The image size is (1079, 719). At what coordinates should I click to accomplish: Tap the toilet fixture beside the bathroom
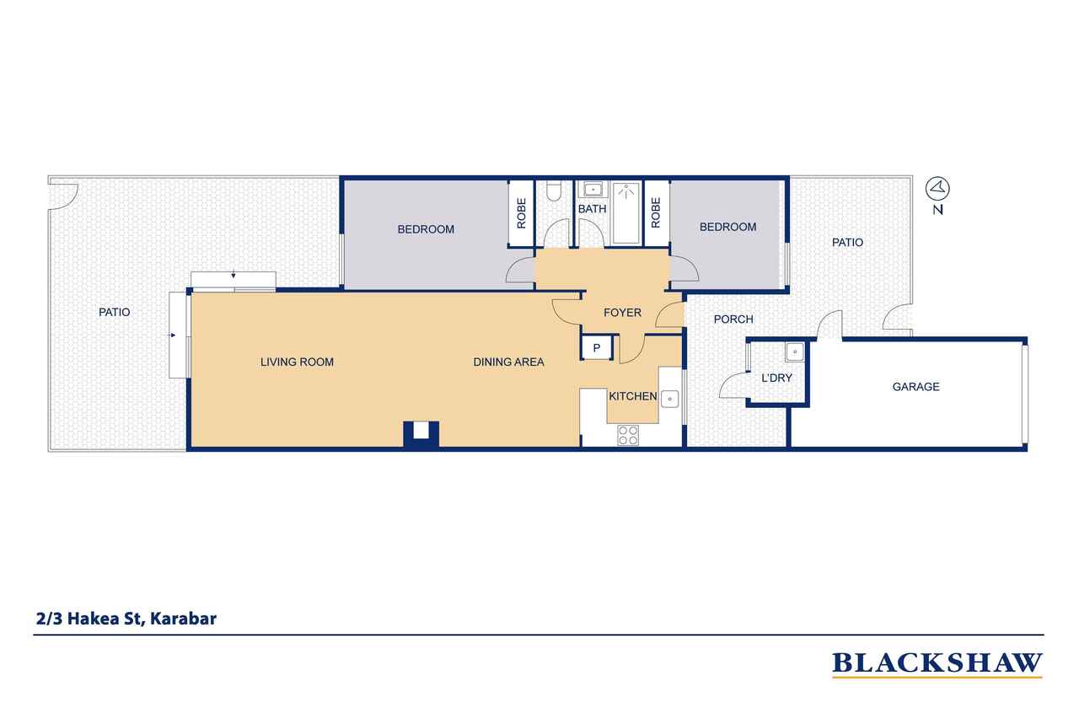coord(555,190)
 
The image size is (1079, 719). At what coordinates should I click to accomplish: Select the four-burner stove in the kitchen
coord(628,435)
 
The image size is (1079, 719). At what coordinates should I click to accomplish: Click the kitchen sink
coord(669,399)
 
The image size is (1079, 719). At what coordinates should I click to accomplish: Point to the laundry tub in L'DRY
coord(794,352)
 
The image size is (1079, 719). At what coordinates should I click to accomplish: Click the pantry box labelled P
coord(597,347)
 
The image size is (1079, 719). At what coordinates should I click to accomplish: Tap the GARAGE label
coord(915,387)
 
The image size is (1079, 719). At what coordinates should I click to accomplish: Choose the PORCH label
coord(733,319)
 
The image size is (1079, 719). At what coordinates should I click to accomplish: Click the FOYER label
coord(622,313)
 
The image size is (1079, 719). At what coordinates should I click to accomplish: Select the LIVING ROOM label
coord(297,362)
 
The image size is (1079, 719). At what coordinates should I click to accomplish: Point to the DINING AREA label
coord(508,362)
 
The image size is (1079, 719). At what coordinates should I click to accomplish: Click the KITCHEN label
coord(632,396)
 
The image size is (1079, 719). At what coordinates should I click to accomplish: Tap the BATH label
coord(592,209)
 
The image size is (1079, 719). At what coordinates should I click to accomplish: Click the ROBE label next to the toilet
coord(521,213)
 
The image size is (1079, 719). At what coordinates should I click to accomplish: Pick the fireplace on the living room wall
coord(421,435)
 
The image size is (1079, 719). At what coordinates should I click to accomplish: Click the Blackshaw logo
coord(937,664)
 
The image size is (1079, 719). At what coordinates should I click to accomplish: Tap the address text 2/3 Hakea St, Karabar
coord(126,619)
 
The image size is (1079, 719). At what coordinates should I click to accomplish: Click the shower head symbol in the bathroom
coord(626,193)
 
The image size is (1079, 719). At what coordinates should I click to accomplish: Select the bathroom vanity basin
coord(592,190)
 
